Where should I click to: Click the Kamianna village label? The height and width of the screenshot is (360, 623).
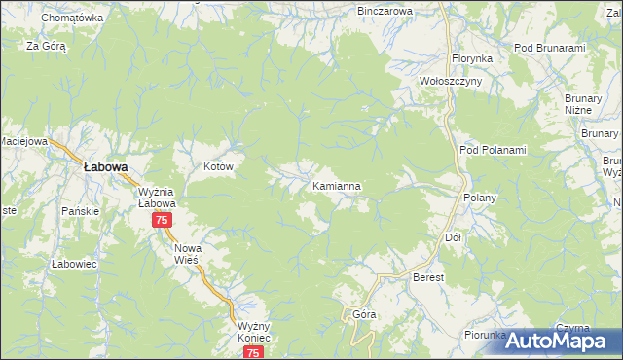coord(338,185)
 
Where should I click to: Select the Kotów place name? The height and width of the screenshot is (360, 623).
coord(219,167)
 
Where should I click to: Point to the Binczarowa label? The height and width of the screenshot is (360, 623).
coord(385,11)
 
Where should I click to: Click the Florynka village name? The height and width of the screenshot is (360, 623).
coord(471,58)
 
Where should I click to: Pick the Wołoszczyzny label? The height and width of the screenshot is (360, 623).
coord(450,82)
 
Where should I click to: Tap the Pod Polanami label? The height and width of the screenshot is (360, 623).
coord(493,150)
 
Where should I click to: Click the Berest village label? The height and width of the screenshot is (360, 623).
coord(428,278)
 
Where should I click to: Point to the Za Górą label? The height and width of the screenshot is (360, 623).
coord(45,46)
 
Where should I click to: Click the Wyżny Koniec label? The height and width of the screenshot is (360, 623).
coord(251,333)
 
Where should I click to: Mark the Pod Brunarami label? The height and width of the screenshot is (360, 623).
coord(549,48)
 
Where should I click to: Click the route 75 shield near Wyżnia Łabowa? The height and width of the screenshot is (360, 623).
coord(162,221)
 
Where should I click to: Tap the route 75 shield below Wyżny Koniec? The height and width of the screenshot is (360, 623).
coord(253,352)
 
